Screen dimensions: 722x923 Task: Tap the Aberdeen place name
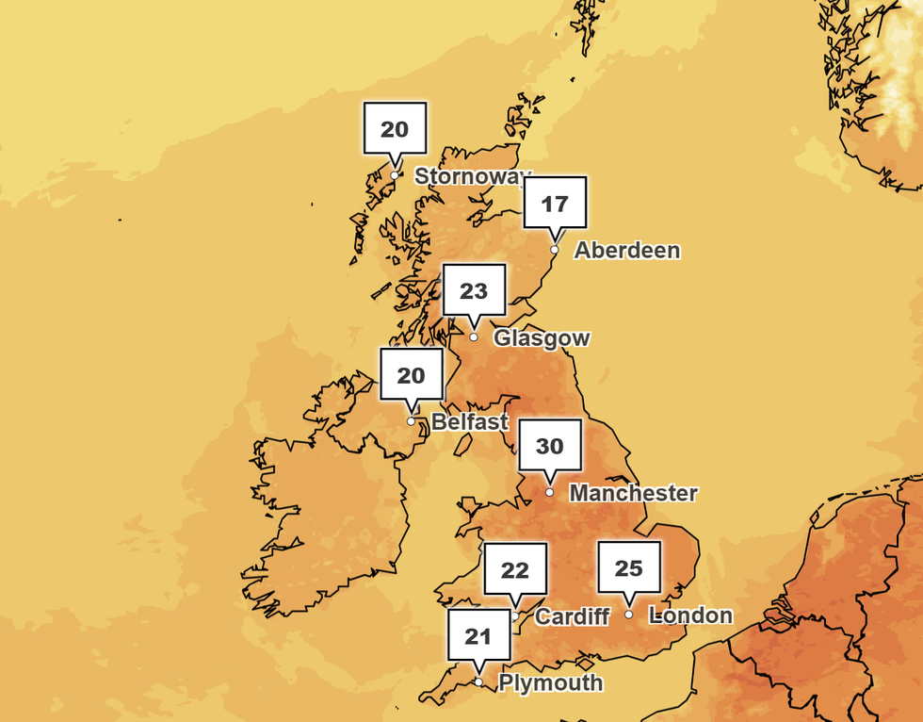coord(626,250)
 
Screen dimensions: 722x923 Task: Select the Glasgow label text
coord(542,337)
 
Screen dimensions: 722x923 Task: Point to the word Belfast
coord(469,421)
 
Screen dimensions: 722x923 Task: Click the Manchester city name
coord(634,493)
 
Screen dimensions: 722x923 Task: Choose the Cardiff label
coord(572,616)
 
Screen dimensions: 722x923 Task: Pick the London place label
coord(690,615)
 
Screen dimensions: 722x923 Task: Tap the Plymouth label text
coord(550,682)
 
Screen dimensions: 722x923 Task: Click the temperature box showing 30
coord(550,445)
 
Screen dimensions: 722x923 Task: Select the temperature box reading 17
coord(555,202)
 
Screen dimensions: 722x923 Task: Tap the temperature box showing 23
coord(474,290)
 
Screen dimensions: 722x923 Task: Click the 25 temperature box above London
coord(628,567)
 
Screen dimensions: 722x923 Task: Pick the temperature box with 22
coord(515,569)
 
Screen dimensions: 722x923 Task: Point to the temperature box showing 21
coord(478,635)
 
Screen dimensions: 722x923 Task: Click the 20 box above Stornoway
coord(395,128)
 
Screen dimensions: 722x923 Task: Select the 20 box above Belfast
coord(411,374)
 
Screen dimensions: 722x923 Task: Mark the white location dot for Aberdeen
coord(555,250)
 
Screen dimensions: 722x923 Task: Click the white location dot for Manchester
coord(550,492)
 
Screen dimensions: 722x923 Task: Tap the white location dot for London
coord(628,615)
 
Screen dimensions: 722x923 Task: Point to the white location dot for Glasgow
coord(474,337)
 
